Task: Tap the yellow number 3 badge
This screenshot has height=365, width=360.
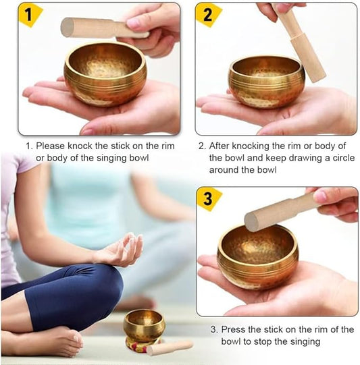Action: [x=209, y=199]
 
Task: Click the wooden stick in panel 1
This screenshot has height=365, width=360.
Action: [x=95, y=28]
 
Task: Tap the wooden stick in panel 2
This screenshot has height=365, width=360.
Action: [x=301, y=44]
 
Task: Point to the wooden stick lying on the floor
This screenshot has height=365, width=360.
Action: [x=170, y=347]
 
